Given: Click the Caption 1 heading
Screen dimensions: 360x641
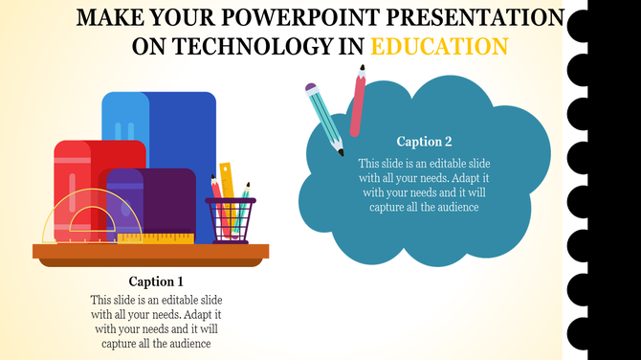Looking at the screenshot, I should pyautogui.click(x=155, y=281).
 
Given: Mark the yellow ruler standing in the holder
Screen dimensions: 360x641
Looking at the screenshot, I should pyautogui.click(x=226, y=182).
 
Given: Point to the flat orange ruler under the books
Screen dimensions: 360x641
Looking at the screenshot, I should pyautogui.click(x=167, y=236).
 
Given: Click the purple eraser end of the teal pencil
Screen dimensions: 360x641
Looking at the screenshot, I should pyautogui.click(x=311, y=88).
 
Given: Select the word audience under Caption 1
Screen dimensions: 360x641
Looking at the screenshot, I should pyautogui.click(x=188, y=343).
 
